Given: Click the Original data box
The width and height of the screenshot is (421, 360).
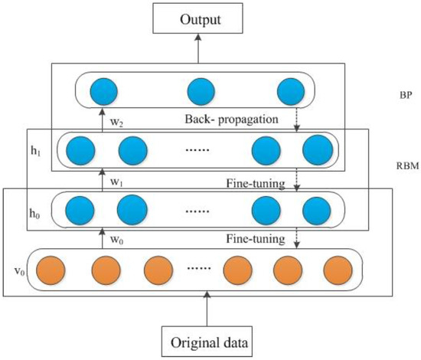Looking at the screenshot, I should point(207,338).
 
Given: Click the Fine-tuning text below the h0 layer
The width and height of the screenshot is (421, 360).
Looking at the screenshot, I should point(252,241).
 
